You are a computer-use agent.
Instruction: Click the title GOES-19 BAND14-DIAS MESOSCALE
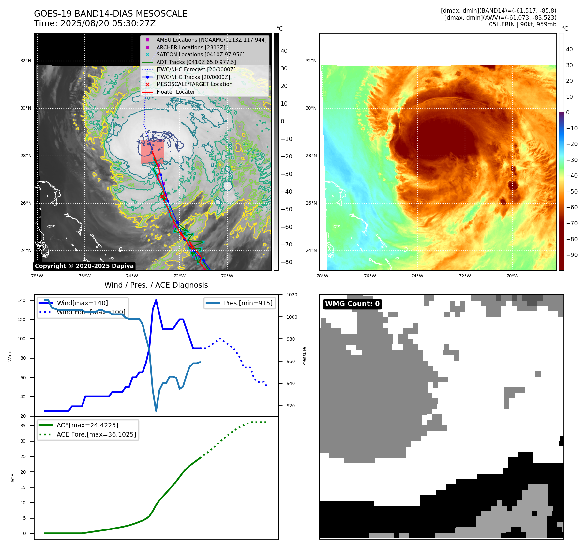coord(111,14)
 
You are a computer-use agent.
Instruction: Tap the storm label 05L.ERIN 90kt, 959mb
coord(522,24)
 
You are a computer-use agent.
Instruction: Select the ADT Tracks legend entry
coord(196,62)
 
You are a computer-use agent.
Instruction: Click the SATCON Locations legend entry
coord(200,54)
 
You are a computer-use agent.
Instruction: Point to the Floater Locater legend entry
coord(175,92)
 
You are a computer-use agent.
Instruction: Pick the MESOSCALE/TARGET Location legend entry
coord(194,84)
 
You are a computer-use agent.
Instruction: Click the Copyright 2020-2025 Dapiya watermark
coord(84,266)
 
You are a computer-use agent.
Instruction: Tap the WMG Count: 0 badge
coord(352,304)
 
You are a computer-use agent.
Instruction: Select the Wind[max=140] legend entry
coord(82,303)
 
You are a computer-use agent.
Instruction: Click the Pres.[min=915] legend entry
coord(248,303)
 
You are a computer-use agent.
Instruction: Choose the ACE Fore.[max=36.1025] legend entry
coord(96,434)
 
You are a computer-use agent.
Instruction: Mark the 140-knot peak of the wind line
coord(156,300)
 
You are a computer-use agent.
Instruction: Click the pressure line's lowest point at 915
coord(156,411)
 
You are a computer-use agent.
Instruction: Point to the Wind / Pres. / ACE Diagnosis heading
coord(156,285)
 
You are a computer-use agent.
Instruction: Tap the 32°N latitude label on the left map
coord(26,61)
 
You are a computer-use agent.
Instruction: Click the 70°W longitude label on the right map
coord(512,276)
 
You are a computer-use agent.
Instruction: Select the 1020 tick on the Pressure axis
coord(292,295)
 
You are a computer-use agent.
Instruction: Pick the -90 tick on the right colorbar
coord(572,255)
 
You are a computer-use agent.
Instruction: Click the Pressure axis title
coord(304,356)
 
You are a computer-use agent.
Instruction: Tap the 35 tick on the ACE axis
coord(23,426)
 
